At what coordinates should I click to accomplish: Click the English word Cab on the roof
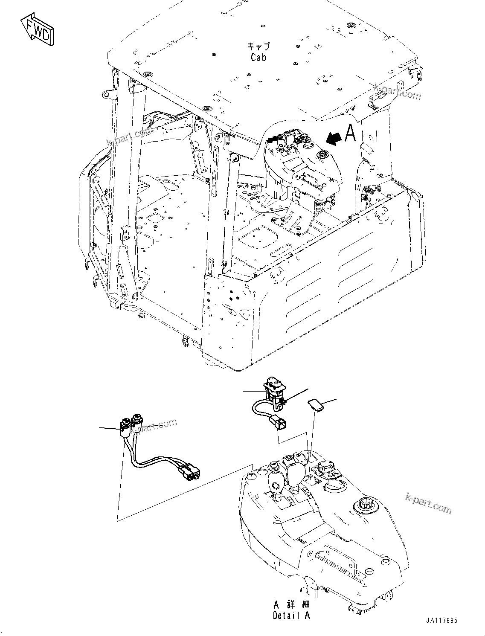point(258,57)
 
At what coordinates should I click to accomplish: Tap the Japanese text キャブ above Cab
point(258,46)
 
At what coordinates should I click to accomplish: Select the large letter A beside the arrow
point(350,133)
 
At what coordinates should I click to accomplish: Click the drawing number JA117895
point(441,621)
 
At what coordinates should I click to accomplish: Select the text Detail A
point(291,615)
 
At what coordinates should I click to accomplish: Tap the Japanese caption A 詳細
point(291,604)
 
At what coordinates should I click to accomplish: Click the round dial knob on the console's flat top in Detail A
point(364,505)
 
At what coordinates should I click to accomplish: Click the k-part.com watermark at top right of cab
point(397,91)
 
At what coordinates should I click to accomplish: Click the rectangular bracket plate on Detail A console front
point(339,559)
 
